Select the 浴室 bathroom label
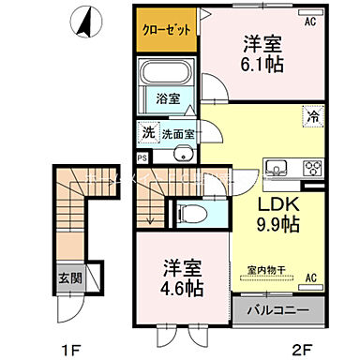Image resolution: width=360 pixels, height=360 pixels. pyautogui.click(x=168, y=98)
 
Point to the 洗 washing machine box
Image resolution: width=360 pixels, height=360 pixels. pyautogui.click(x=147, y=133)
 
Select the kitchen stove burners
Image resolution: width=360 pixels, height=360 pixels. pyautogui.click(x=310, y=169)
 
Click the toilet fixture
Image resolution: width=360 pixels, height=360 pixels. pyautogui.click(x=188, y=212)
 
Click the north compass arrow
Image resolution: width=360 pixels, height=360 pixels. pyautogui.click(x=86, y=21)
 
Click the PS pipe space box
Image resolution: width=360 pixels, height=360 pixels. pyautogui.click(x=142, y=157)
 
